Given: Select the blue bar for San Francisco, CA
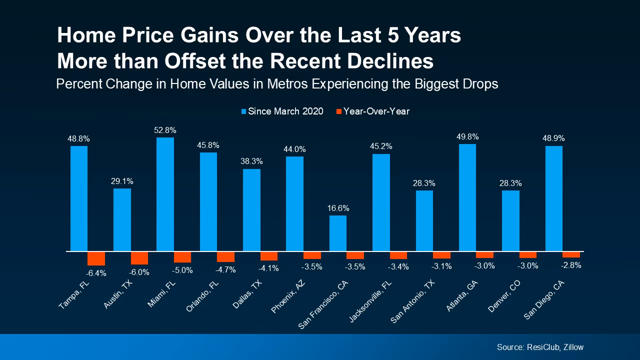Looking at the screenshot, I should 338,233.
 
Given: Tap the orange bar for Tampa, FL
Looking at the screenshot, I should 96,258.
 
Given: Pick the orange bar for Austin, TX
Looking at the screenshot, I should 139,257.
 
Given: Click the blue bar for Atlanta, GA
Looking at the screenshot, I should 467,197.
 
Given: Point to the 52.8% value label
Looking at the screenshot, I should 165,130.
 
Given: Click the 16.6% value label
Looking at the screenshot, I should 338,208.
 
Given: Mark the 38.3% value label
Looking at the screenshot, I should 251,161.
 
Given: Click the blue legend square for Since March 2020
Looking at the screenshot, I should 244,111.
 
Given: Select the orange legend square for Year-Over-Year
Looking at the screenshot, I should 338,111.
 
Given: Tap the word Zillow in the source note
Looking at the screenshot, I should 572,347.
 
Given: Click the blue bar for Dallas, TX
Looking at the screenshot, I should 251,210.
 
